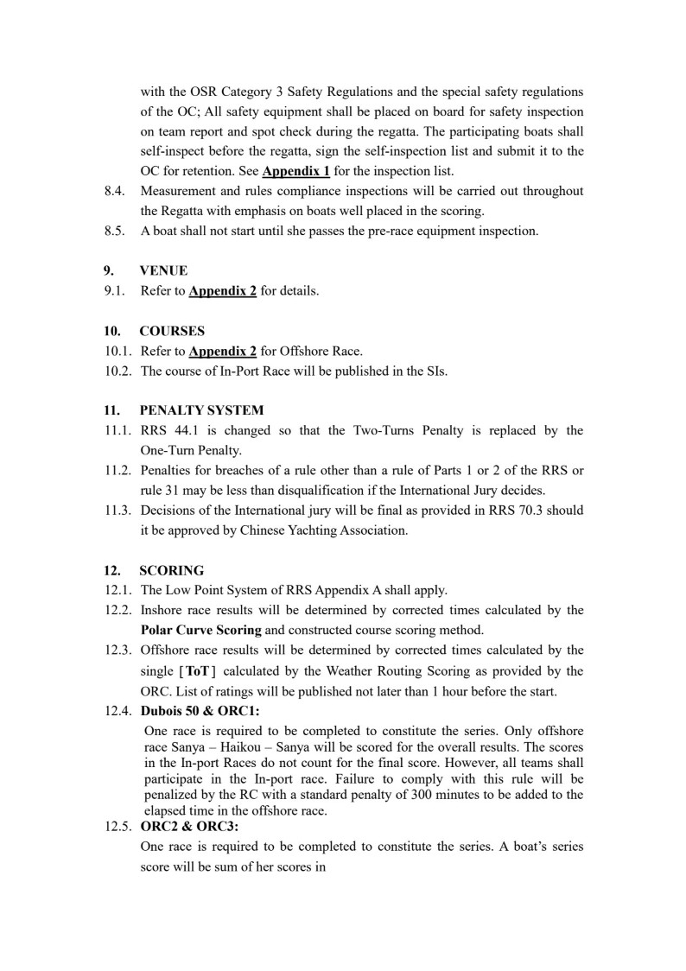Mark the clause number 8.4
[115, 190]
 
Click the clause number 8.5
[115, 231]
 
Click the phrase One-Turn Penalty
[189, 450]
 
